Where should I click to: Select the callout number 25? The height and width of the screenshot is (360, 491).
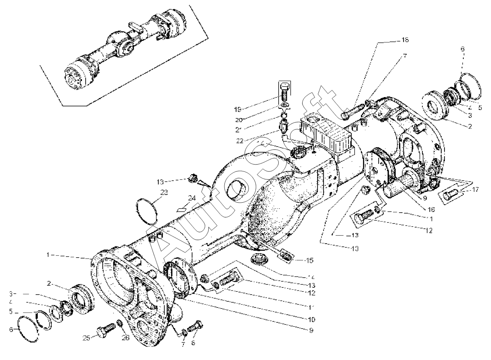click(x=86, y=339)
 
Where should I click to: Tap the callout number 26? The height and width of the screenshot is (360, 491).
click(x=126, y=338)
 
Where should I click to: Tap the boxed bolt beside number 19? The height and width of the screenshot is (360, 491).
click(x=284, y=92)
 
